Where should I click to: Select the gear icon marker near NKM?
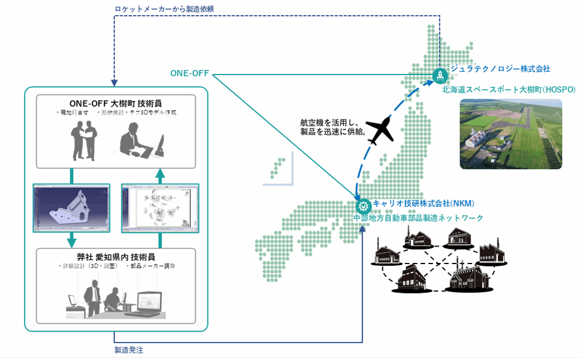coord(363,205)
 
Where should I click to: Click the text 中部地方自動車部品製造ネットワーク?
coord(418,218)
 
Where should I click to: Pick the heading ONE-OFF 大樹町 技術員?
coord(116,103)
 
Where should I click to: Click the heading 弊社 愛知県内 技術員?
coord(116,256)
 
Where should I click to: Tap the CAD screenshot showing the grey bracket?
coord(71,208)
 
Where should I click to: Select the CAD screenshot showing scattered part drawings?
coord(160,208)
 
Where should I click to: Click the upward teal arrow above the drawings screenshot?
coord(160,175)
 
